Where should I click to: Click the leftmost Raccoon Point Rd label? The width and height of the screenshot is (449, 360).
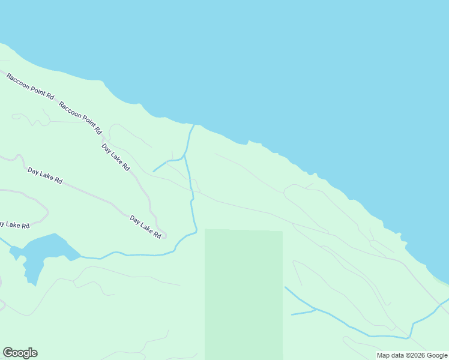31,86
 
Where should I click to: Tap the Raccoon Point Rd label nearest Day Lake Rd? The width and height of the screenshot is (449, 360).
81,117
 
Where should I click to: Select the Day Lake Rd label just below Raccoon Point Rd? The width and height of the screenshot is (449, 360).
115,157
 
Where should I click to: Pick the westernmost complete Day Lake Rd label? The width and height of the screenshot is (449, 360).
45,175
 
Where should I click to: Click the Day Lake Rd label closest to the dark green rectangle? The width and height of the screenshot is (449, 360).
145,227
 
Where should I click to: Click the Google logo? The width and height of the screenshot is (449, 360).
20,353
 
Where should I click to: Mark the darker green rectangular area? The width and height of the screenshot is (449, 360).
243,294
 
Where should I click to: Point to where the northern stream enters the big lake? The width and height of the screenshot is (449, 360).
193,125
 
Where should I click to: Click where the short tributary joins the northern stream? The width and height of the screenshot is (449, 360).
184,157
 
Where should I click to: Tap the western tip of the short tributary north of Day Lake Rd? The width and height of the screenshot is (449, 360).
154,172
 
